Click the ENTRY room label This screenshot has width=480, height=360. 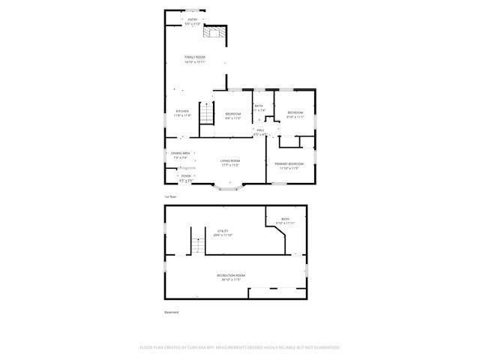pyautogui.click(x=193, y=19)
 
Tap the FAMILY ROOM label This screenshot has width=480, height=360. pyautogui.click(x=195, y=57)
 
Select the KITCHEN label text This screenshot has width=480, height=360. pyautogui.click(x=183, y=111)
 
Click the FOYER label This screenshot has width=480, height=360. pyautogui.click(x=186, y=176)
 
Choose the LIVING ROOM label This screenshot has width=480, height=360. pyautogui.click(x=230, y=160)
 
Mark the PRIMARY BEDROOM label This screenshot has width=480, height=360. pyautogui.click(x=289, y=163)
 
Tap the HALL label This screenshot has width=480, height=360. pyautogui.click(x=261, y=130)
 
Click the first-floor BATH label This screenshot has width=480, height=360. pyautogui.click(x=259, y=106)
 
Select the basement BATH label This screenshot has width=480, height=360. pyautogui.click(x=286, y=219)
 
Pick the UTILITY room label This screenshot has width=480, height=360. pyautogui.click(x=223, y=231)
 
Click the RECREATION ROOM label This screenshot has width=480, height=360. pyautogui.click(x=231, y=276)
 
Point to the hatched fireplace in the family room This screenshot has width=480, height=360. pyautogui.click(x=216, y=31)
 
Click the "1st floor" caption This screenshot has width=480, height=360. pyautogui.click(x=171, y=196)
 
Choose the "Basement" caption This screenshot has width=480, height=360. pyautogui.click(x=172, y=312)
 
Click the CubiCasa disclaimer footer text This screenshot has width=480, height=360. pyautogui.click(x=240, y=347)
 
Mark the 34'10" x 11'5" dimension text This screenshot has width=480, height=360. pyautogui.click(x=231, y=280)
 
